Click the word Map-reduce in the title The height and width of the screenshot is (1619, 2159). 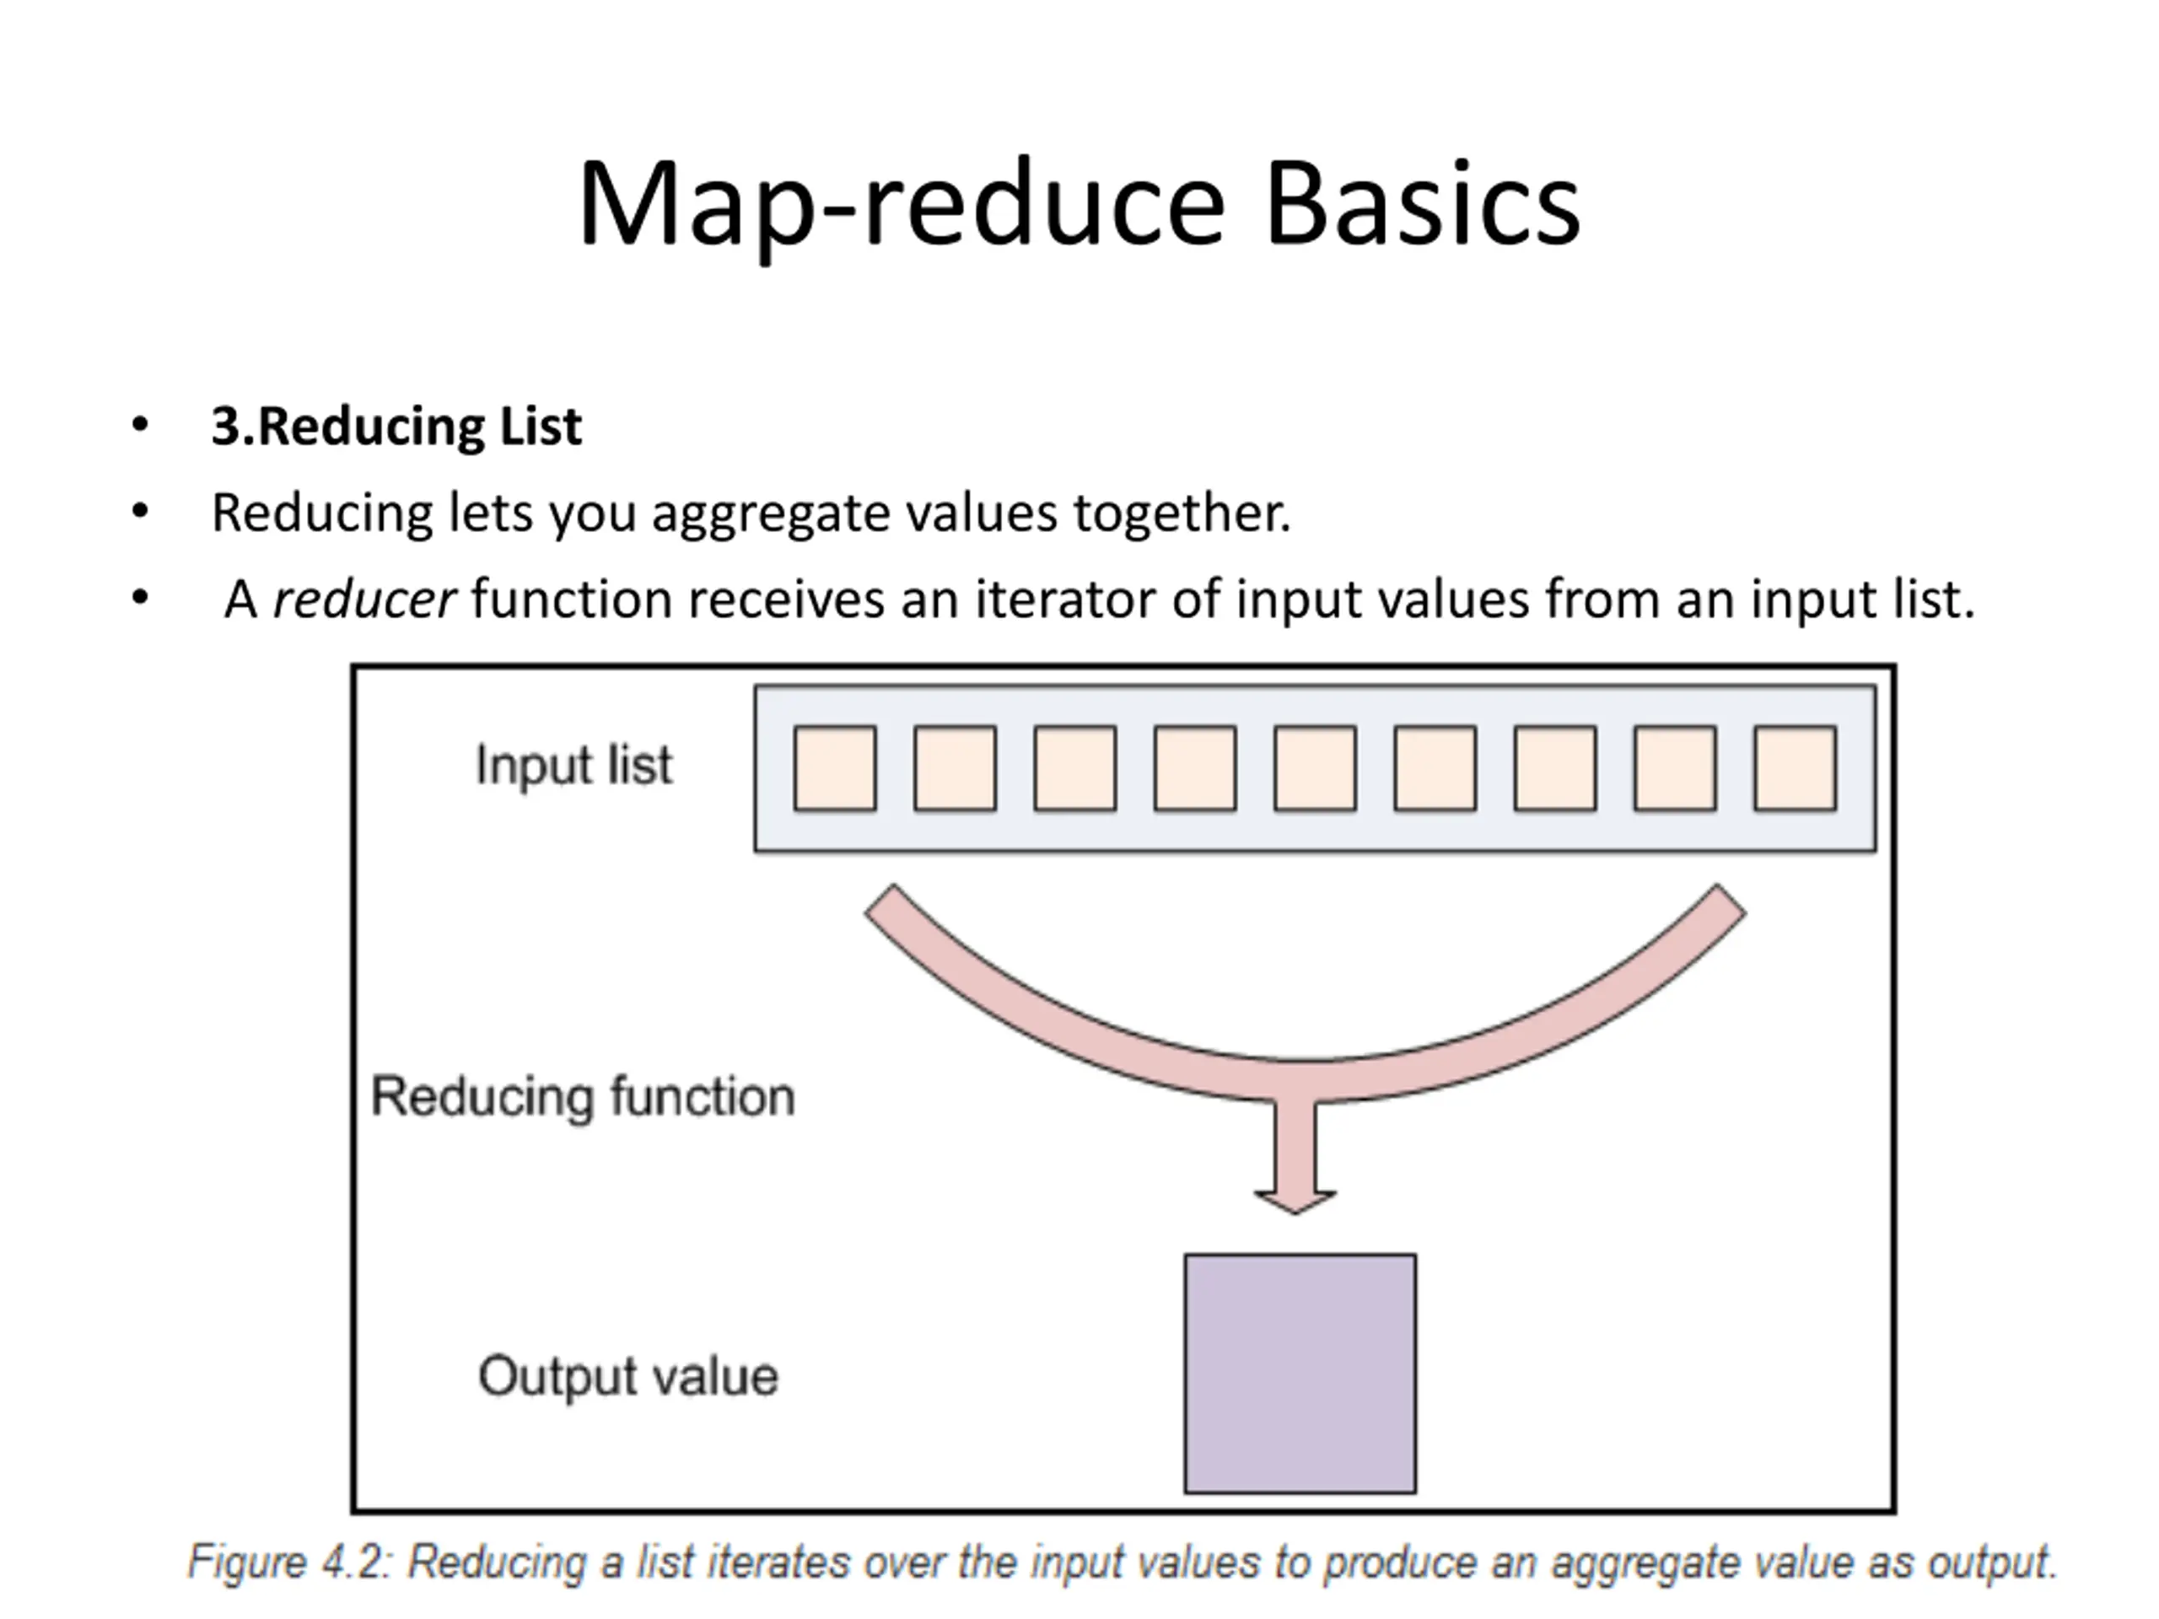(901, 209)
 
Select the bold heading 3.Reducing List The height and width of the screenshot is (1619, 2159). (396, 427)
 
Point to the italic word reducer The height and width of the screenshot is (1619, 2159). (364, 598)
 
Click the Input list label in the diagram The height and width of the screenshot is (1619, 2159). (574, 765)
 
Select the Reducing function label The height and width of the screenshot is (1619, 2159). (583, 1096)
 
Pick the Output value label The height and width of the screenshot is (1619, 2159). (627, 1377)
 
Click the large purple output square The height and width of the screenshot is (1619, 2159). (1300, 1373)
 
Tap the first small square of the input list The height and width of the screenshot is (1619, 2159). (835, 768)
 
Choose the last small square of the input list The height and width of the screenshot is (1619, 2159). (1795, 768)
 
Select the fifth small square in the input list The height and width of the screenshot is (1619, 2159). (1315, 768)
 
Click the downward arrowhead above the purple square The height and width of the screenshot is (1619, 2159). (1295, 1202)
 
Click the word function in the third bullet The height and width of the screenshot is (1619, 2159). (572, 597)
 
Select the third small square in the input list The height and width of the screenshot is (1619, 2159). (1074, 768)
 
